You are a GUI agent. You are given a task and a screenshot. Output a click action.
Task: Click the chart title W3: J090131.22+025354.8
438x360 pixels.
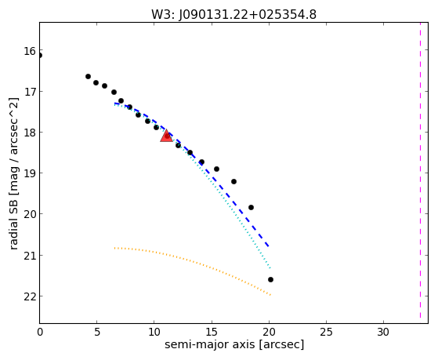[x=233, y=15]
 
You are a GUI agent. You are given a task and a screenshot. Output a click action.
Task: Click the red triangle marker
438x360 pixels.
[x=166, y=136]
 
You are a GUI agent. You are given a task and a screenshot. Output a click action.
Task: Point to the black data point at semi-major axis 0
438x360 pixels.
[x=40, y=56]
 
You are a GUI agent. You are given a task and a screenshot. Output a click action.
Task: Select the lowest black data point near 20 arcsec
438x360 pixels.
[x=270, y=279]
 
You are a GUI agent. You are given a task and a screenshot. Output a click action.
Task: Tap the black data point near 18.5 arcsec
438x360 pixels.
[x=251, y=207]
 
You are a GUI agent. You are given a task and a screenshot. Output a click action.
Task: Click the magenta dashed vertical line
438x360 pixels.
[x=420, y=170]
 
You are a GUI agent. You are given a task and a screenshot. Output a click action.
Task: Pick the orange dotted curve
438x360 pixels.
[x=193, y=261]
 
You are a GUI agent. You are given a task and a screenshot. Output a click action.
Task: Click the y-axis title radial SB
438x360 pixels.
[x=13, y=173]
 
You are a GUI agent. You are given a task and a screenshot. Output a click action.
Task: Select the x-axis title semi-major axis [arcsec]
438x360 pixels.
[x=234, y=344]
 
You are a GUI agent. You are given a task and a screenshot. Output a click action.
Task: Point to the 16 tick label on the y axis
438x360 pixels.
[x=30, y=52]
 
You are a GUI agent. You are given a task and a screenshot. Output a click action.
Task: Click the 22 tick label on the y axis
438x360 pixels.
[x=30, y=296]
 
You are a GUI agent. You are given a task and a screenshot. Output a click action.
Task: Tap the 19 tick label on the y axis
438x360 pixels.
[x=30, y=173]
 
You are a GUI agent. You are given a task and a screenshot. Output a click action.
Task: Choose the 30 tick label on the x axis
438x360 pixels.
[x=383, y=333]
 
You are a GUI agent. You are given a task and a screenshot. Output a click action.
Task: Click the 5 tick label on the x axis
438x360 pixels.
[x=97, y=333]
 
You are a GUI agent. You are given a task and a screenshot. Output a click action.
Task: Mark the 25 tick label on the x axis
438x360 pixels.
[x=326, y=333]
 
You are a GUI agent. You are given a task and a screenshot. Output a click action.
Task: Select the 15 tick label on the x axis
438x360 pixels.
[x=212, y=333]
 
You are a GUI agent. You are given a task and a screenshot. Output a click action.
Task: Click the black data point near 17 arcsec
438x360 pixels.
[x=233, y=181]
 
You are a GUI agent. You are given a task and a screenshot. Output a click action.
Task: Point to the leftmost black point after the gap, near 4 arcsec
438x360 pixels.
[x=88, y=76]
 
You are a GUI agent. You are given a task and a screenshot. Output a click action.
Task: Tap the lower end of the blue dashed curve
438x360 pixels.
[x=269, y=247]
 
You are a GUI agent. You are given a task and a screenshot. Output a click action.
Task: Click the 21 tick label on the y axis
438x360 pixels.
[x=30, y=256]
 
